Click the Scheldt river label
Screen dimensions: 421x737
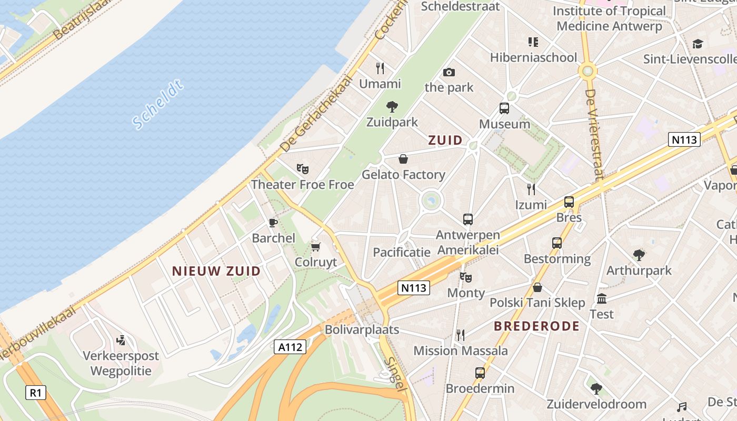pos(157,105)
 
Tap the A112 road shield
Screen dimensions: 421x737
pos(290,347)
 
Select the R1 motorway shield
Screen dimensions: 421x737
pos(35,392)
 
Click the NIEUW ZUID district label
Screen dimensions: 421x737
pos(216,271)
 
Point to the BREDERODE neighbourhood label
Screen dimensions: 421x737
pos(536,326)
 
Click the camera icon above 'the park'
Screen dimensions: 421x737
pos(449,72)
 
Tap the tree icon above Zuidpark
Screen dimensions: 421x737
pos(392,107)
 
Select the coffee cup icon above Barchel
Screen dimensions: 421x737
pos(273,223)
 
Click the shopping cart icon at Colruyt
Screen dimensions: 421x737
pos(315,247)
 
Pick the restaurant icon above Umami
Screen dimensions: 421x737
pos(380,68)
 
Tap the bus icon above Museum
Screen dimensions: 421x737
pos(504,109)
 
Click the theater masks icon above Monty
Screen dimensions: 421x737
pos(465,277)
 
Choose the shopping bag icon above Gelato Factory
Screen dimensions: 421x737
pos(403,159)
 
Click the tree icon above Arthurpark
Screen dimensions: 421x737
pos(639,255)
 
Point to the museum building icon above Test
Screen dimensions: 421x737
pos(602,299)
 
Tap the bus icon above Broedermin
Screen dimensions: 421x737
pos(480,373)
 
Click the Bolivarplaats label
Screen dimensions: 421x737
pos(362,330)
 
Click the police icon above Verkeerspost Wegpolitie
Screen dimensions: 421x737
pos(122,340)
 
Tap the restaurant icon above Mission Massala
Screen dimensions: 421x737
pos(461,335)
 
